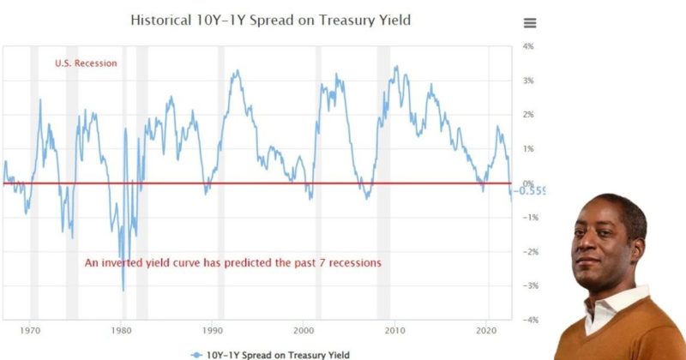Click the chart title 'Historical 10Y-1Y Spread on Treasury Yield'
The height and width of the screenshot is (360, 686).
270,19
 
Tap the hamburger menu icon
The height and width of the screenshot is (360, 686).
530,23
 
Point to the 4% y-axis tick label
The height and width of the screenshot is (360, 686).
529,46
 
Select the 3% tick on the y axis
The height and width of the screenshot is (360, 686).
529,81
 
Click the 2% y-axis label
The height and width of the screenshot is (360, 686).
529,115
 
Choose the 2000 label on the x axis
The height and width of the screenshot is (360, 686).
304,330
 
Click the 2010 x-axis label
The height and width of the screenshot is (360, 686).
394,330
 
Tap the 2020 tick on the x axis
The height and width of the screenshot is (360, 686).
485,330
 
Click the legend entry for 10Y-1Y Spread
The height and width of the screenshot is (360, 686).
271,353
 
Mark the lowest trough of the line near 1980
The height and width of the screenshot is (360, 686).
123,291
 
